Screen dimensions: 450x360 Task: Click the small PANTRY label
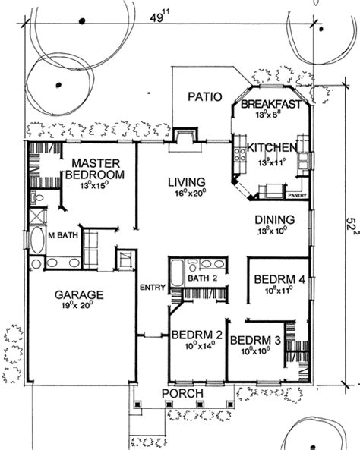pyautogui.click(x=297, y=195)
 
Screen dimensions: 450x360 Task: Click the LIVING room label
pyautogui.click(x=186, y=182)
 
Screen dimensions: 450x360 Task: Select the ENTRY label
pyautogui.click(x=152, y=287)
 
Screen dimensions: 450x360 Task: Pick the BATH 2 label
pyautogui.click(x=203, y=278)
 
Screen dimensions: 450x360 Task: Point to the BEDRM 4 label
pyautogui.click(x=280, y=278)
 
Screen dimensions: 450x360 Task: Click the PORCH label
pyautogui.click(x=182, y=393)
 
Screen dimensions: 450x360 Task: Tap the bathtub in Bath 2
pyautogui.click(x=177, y=272)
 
